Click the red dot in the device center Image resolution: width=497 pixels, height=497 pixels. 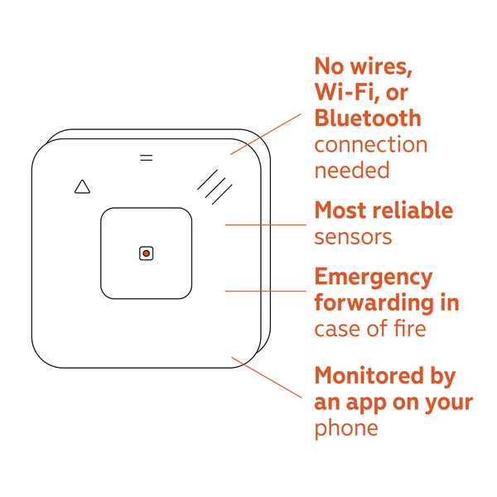[x=146, y=253]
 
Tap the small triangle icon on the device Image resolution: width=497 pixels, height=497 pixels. [x=82, y=186]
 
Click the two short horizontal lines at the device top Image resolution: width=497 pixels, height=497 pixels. [x=147, y=157]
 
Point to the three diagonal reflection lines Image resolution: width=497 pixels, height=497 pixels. [x=215, y=187]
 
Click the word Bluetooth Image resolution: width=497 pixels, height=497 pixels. [x=368, y=118]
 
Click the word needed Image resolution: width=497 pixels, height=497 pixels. [x=352, y=170]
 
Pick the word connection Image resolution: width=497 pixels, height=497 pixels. [x=371, y=144]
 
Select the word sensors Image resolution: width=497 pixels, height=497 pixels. [x=353, y=237]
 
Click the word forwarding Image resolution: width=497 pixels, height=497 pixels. [x=374, y=303]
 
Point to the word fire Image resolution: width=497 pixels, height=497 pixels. [x=410, y=328]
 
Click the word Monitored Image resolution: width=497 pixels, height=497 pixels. [x=369, y=375]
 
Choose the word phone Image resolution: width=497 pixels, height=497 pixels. [x=346, y=428]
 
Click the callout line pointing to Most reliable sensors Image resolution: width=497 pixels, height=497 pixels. [x=266, y=224]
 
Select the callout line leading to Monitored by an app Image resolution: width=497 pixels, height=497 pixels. [x=267, y=377]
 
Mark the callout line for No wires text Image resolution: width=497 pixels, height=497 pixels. [x=266, y=134]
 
